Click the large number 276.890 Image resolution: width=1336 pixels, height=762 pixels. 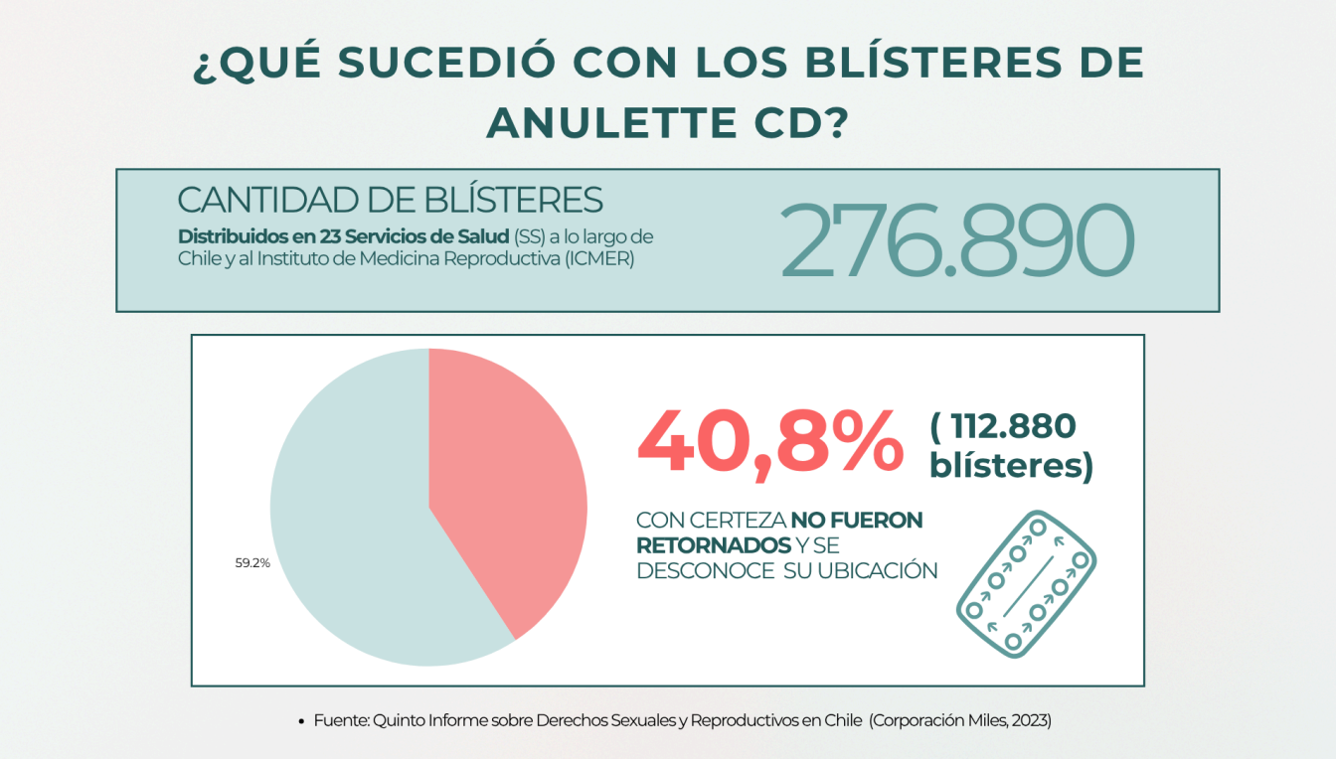tap(956, 241)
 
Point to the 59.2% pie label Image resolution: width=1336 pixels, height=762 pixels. tap(252, 562)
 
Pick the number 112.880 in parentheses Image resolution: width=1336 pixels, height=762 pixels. tap(1013, 427)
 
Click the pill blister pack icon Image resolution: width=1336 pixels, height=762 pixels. tap(1026, 582)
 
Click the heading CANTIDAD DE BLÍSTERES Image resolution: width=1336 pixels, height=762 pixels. tap(390, 200)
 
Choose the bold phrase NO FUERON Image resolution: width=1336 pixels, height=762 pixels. tap(857, 521)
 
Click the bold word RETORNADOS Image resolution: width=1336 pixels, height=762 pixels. tap(712, 545)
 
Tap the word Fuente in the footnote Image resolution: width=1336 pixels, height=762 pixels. tap(340, 721)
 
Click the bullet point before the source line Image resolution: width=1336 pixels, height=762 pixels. tap(301, 722)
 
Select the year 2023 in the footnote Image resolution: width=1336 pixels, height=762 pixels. tap(1031, 721)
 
